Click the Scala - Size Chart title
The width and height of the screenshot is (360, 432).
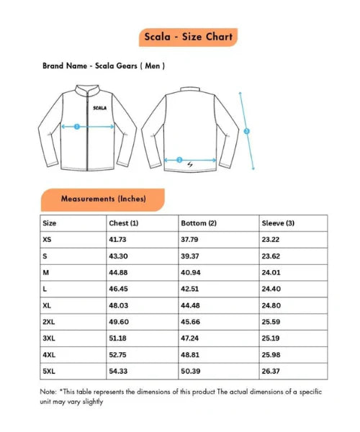click(x=187, y=36)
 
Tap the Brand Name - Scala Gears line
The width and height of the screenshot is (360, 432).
click(x=104, y=66)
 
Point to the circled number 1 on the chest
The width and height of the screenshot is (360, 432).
click(x=78, y=126)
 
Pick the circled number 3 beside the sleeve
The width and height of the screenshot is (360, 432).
click(x=247, y=131)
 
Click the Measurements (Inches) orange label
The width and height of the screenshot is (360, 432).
click(x=104, y=198)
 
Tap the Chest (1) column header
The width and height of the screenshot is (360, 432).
click(x=123, y=223)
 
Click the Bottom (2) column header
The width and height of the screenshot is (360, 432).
click(x=198, y=223)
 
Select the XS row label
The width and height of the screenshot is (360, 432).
click(x=48, y=238)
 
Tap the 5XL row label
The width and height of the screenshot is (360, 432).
click(x=50, y=371)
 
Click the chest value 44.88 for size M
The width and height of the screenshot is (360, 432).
click(x=118, y=271)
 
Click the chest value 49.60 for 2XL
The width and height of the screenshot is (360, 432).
click(x=118, y=321)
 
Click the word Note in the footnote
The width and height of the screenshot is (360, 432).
click(x=48, y=392)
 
